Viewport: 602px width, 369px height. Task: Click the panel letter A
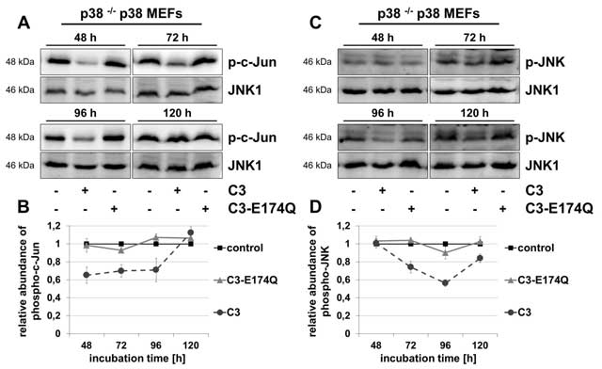tap(24, 23)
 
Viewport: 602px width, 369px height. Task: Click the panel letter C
tap(315, 23)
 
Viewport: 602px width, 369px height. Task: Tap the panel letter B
tap(24, 207)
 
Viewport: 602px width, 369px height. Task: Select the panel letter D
tap(315, 207)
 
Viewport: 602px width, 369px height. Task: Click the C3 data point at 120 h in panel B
tap(190, 233)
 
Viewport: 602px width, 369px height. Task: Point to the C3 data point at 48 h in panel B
tap(87, 275)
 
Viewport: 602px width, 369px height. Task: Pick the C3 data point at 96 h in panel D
tap(445, 283)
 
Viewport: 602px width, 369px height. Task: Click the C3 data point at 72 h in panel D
tap(411, 266)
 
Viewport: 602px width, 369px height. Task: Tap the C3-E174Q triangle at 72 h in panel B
tap(121, 249)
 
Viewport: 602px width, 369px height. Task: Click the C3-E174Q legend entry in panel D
tap(537, 281)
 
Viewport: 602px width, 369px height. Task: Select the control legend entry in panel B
tap(239, 248)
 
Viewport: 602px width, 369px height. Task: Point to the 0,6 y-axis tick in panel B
tap(55, 280)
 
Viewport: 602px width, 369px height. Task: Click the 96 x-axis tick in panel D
tap(445, 345)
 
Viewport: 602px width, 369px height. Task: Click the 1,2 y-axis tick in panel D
tap(344, 226)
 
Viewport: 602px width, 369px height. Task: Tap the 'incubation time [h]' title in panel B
tap(137, 359)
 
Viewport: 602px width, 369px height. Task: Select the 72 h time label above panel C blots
tap(474, 38)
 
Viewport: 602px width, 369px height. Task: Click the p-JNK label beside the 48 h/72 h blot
tap(546, 62)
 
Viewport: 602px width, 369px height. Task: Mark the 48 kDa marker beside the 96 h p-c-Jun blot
tap(20, 137)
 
